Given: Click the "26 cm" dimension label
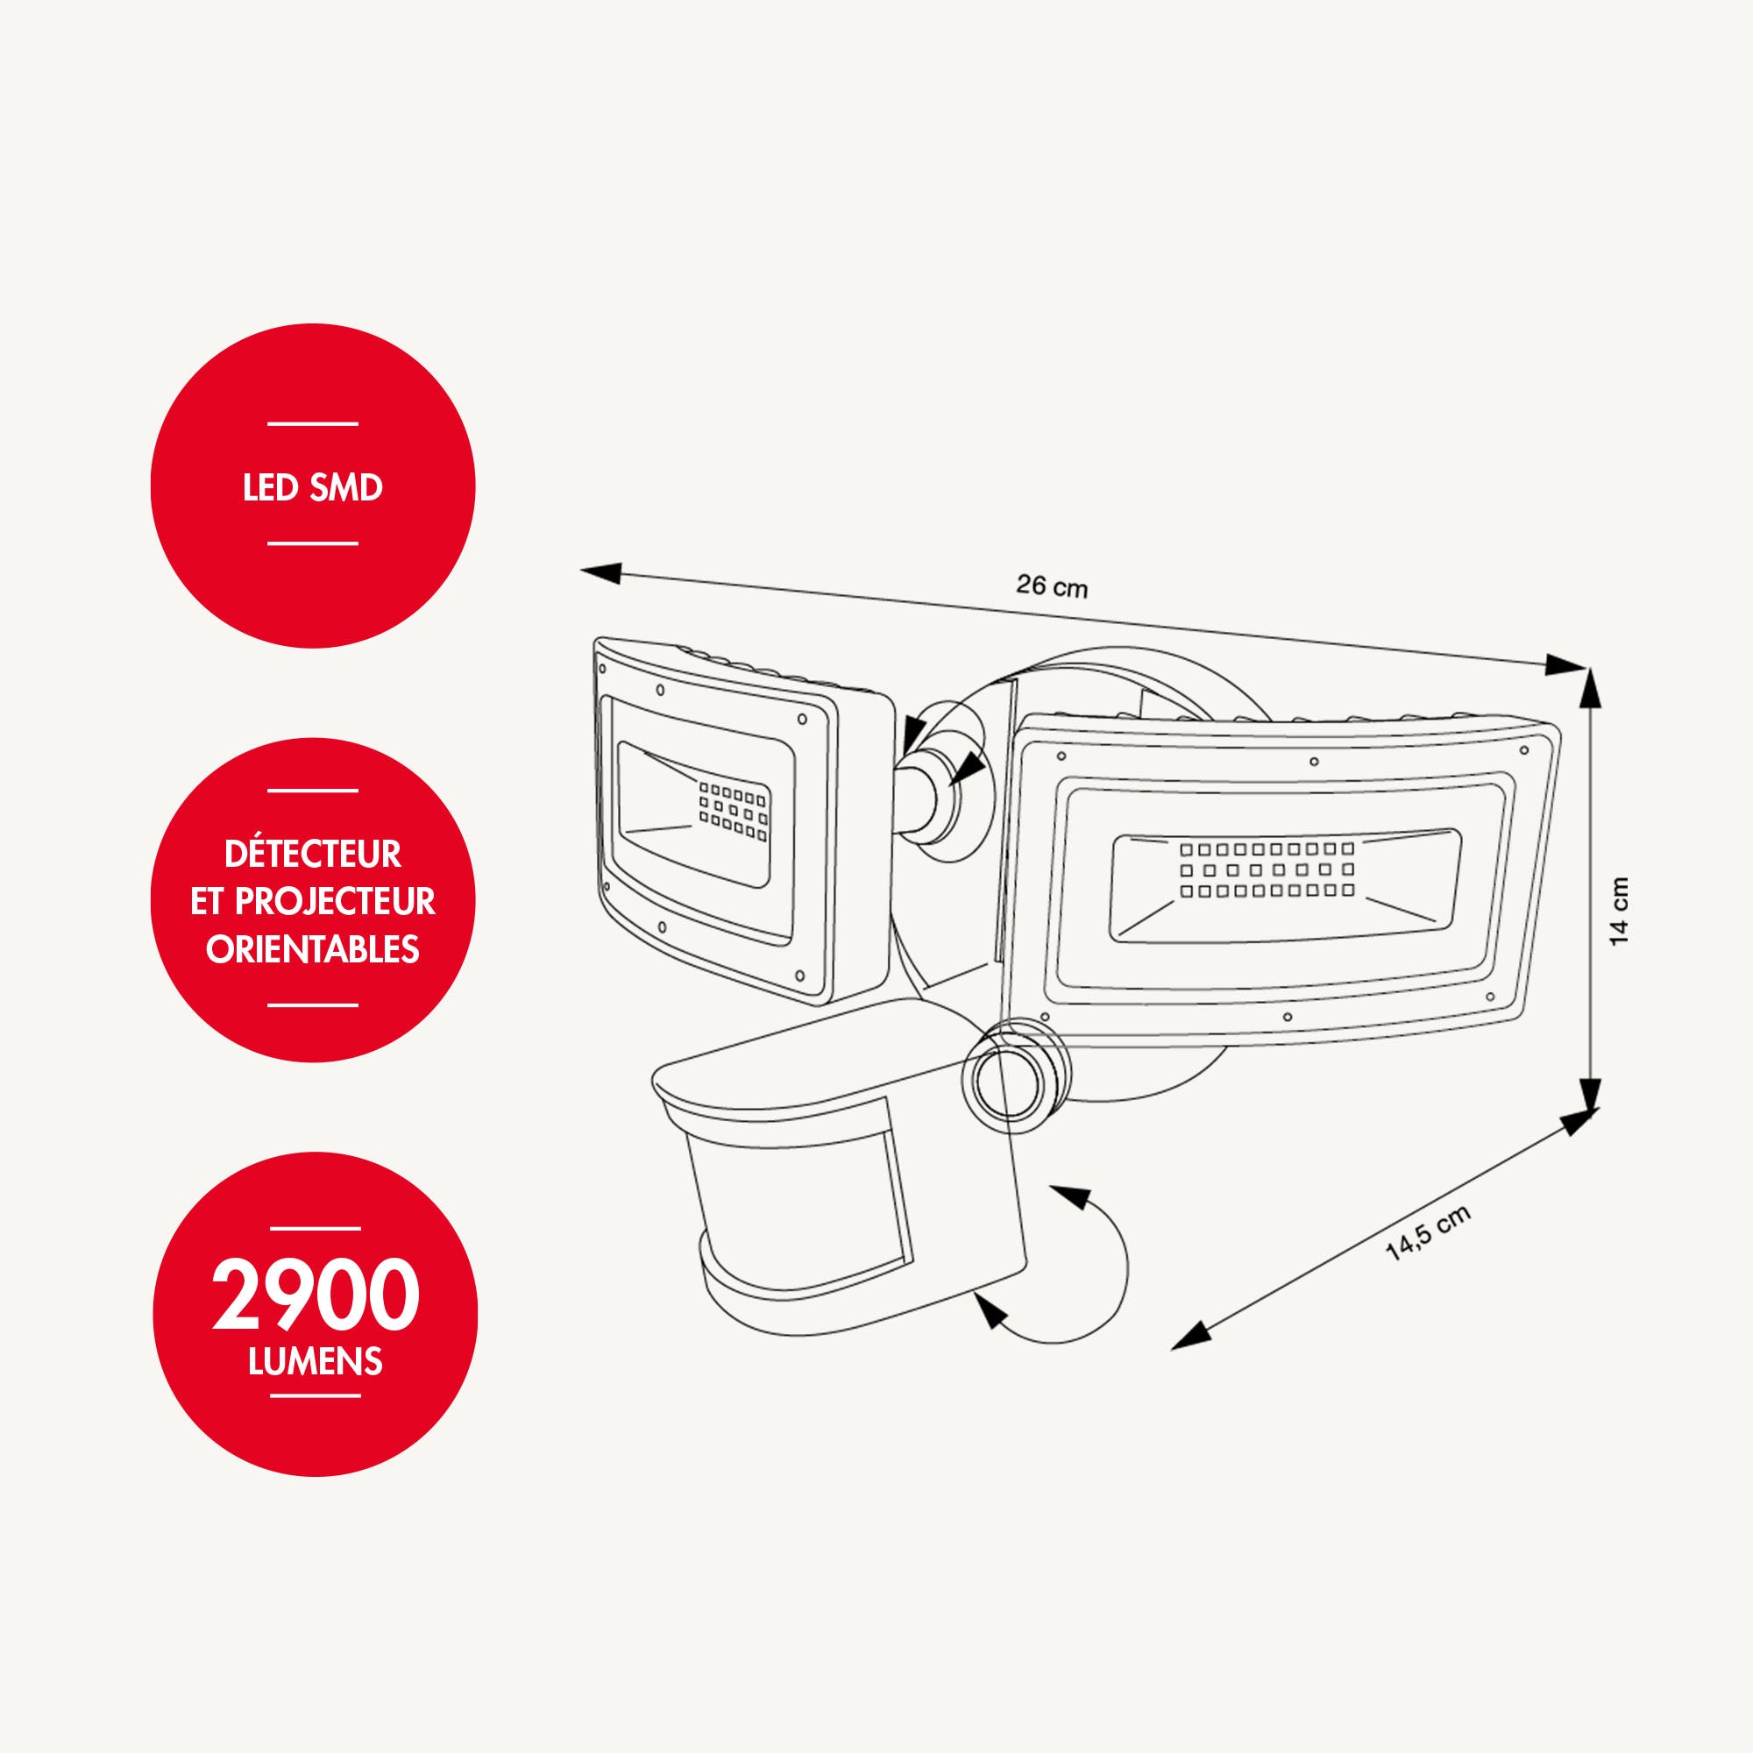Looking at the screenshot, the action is tap(1051, 586).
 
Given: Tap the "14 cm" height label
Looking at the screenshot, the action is tap(1619, 912).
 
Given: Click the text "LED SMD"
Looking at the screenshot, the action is tap(313, 488).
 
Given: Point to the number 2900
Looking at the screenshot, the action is tap(316, 1295).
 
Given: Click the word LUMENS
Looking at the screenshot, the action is tap(316, 1361).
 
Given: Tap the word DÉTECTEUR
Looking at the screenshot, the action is tap(313, 854).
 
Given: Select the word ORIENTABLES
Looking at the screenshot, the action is tap(313, 949).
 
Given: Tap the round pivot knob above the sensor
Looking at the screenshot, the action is tap(1014, 1077).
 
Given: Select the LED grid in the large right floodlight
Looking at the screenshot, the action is tap(1267, 869).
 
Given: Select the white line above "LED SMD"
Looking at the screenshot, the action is tap(313, 423).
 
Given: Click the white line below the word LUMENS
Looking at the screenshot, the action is tap(316, 1395).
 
